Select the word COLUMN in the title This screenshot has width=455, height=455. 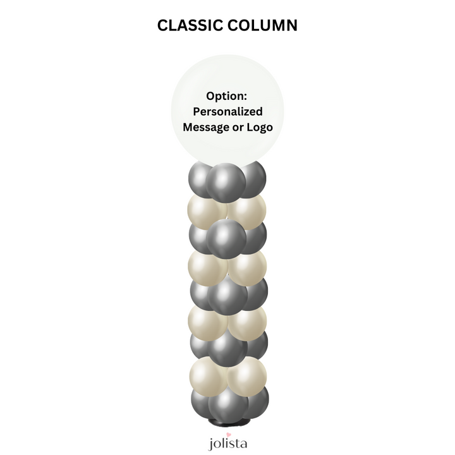click(262, 25)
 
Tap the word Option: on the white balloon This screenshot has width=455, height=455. click(226, 96)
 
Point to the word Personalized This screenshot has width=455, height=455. click(227, 112)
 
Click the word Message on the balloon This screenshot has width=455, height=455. click(206, 128)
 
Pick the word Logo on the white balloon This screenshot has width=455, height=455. click(260, 128)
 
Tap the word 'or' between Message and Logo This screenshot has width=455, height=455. click(238, 128)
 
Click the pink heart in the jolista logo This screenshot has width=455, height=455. click(229, 435)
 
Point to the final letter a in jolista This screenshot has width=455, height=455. click(244, 444)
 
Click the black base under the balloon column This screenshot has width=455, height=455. click(227, 422)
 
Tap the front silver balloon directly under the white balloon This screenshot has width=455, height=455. click(226, 183)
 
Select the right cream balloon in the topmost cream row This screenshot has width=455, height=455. click(246, 211)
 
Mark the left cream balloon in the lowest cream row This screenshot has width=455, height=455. click(209, 377)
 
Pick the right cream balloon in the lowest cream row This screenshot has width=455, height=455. click(246, 377)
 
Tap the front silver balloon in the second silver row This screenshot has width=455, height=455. click(226, 239)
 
